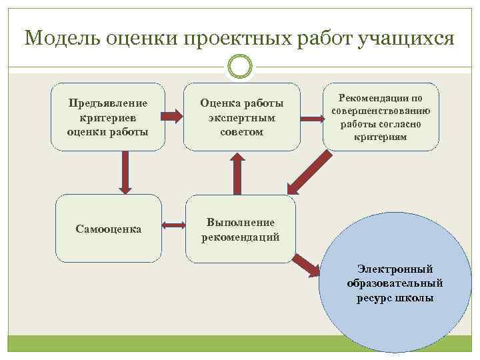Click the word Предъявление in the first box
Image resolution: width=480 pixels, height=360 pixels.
coord(108,103)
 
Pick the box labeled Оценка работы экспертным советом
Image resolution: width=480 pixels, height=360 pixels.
coord(241,117)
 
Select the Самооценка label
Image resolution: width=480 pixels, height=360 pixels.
coord(108,229)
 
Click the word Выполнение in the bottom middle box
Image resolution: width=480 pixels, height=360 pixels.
coord(241,222)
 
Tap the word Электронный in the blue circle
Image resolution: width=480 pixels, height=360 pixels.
coord(395,269)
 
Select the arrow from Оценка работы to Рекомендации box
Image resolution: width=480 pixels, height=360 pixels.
coord(311,119)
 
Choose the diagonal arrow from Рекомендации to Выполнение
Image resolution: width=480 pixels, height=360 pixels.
coord(311,171)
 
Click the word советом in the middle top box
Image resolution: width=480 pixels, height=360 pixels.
coord(241,132)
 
